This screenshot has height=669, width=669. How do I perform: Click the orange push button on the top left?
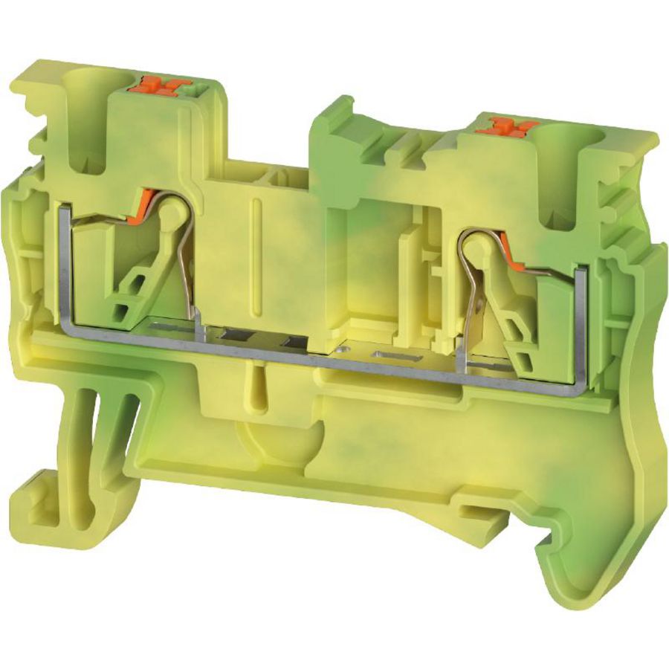coord(159,86)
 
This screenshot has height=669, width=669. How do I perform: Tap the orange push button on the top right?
coord(508,126)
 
